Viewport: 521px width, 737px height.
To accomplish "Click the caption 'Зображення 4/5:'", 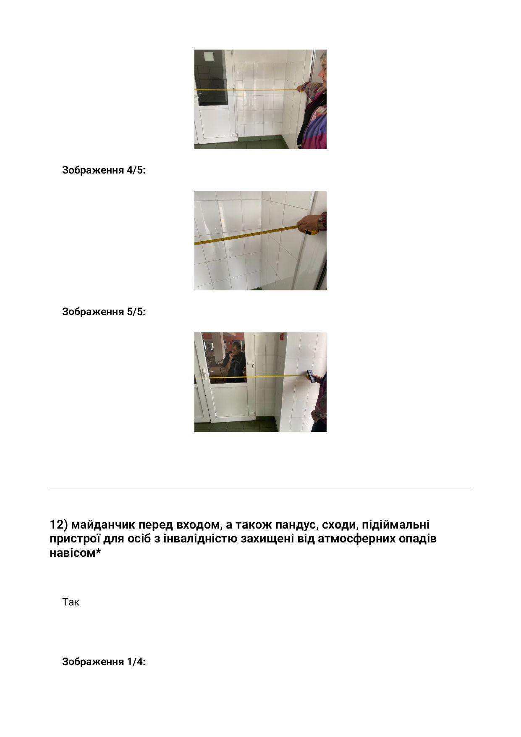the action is click(x=104, y=170).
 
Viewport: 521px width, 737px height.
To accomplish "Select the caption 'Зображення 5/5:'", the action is click(x=104, y=312).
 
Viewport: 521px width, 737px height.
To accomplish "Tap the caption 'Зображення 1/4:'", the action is click(x=104, y=662).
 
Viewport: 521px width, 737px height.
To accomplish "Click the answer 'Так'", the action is click(x=71, y=602).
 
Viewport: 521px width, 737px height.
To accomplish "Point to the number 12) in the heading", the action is click(x=59, y=525).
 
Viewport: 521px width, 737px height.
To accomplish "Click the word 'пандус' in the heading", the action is click(x=296, y=525).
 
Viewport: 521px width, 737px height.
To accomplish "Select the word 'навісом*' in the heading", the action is click(x=76, y=553).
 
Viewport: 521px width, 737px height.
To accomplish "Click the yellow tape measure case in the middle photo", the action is click(x=311, y=232).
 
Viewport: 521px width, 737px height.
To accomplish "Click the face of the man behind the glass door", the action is click(x=237, y=348).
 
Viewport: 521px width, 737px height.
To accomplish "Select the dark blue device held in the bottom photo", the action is click(x=311, y=375).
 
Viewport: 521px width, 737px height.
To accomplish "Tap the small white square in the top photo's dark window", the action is click(x=209, y=56).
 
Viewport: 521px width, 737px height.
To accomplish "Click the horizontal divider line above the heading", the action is click(x=260, y=489).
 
